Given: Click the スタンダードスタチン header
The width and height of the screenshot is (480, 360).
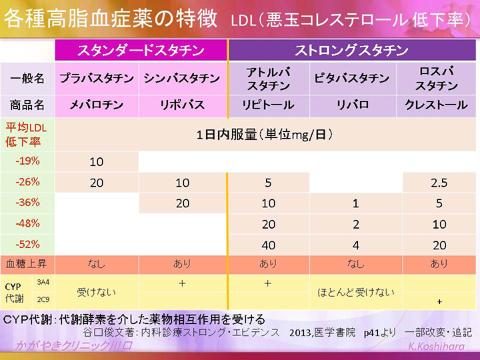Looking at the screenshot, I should pyautogui.click(x=141, y=51).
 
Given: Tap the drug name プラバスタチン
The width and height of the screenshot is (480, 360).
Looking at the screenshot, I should pyautogui.click(x=97, y=79).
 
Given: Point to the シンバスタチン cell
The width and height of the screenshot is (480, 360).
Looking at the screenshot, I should pyautogui.click(x=182, y=79).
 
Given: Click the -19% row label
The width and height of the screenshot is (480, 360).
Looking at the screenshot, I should pyautogui.click(x=27, y=161).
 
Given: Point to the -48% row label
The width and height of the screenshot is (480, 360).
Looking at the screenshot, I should pyautogui.click(x=27, y=223).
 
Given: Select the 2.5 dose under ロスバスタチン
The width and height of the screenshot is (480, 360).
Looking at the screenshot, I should pyautogui.click(x=437, y=182).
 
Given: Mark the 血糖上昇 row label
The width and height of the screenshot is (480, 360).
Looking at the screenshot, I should pyautogui.click(x=27, y=264).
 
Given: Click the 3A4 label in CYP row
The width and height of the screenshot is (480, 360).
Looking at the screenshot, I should pyautogui.click(x=42, y=281).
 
